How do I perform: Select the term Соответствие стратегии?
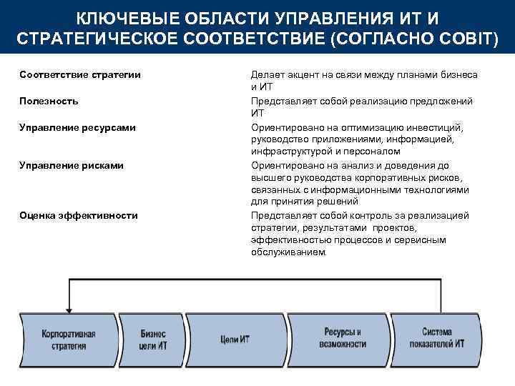tap(79, 75)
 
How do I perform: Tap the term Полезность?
tap(49, 101)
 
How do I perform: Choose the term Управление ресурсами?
tap(78, 127)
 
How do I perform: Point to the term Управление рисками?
tap(72, 165)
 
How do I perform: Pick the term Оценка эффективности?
tap(79, 215)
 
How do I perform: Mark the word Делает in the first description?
tap(265, 75)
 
